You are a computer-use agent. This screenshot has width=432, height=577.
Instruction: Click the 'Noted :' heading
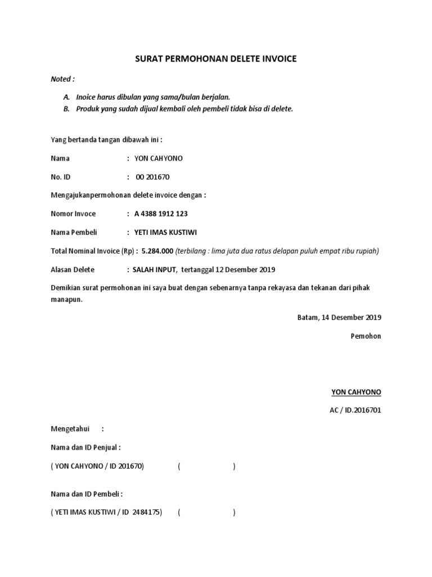[62, 79]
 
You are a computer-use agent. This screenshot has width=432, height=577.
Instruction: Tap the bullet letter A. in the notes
[66, 97]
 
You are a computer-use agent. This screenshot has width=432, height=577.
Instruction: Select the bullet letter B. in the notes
[66, 109]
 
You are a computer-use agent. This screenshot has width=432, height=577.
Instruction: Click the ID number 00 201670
[152, 177]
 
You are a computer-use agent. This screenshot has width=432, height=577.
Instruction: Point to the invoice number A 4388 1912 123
[161, 214]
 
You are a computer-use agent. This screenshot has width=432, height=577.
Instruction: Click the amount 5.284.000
[157, 251]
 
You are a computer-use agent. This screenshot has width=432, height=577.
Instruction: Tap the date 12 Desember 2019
[244, 269]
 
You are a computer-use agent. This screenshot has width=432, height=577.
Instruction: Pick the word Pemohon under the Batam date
[366, 336]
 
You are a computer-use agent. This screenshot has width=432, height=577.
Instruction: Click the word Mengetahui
[70, 429]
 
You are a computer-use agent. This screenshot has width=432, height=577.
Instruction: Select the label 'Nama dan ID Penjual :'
[85, 447]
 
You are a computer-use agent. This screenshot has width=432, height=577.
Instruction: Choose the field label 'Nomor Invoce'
[73, 214]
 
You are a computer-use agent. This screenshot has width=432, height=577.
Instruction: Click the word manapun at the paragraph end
[66, 300]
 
